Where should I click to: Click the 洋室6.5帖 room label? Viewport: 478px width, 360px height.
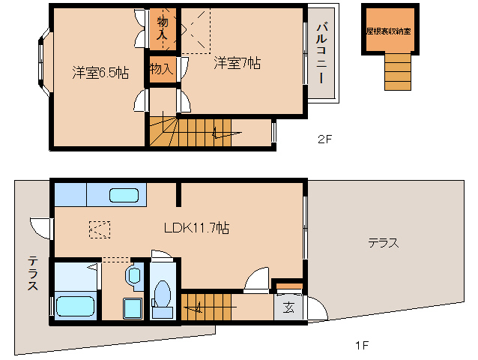[x=100, y=72]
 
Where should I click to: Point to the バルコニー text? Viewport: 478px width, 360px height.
[x=321, y=53]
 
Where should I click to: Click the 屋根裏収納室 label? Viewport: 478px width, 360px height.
[x=388, y=31]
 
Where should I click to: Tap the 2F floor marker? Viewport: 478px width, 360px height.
[x=324, y=139]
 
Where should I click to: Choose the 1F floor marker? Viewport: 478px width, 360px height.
[x=362, y=346]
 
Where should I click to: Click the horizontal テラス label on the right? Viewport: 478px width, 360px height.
[x=382, y=242]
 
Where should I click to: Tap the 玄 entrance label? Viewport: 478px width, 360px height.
[x=288, y=306]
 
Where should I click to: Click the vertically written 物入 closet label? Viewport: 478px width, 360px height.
[x=163, y=28]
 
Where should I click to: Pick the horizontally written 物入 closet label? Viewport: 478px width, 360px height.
[x=161, y=68]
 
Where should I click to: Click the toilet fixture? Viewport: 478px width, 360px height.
[x=161, y=294]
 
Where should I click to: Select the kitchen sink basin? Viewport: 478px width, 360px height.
[x=124, y=196]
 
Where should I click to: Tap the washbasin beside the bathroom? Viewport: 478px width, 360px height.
[x=134, y=275]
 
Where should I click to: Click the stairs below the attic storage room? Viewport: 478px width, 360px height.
[x=396, y=72]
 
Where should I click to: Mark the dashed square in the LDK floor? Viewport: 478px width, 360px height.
[x=100, y=228]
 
